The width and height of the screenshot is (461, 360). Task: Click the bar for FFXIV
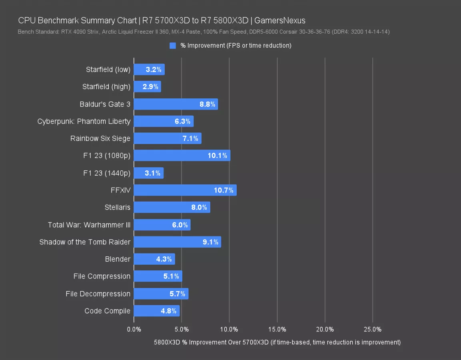coord(185,190)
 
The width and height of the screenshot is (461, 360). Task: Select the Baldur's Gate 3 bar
coord(176,104)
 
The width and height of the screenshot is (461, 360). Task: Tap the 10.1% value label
coord(218,156)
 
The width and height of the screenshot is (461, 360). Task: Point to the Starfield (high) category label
coord(106,87)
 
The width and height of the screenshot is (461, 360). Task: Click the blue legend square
coord(173,46)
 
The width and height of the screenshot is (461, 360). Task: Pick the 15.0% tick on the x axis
coord(277,329)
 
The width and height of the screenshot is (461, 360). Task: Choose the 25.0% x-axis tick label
coord(372,329)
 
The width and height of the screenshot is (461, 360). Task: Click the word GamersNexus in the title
coord(280,20)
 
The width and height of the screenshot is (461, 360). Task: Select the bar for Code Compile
coord(157,311)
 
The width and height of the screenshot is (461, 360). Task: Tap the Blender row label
coord(118,259)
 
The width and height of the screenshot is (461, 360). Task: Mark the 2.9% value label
coord(151,87)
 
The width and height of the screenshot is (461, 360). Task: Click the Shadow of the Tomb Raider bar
coord(178,242)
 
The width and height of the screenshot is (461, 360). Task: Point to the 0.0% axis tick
coord(134,329)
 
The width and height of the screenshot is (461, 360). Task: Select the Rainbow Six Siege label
coord(100,138)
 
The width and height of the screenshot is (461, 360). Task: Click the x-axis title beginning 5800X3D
coord(277,342)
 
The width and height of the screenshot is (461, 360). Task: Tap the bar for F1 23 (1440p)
coord(149,173)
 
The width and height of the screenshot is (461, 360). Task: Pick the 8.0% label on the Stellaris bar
coord(199,208)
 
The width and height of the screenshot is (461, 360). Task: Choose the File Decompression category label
coord(98,294)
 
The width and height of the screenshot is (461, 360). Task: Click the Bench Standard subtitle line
coord(204,32)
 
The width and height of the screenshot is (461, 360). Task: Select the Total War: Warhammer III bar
coord(162,224)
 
